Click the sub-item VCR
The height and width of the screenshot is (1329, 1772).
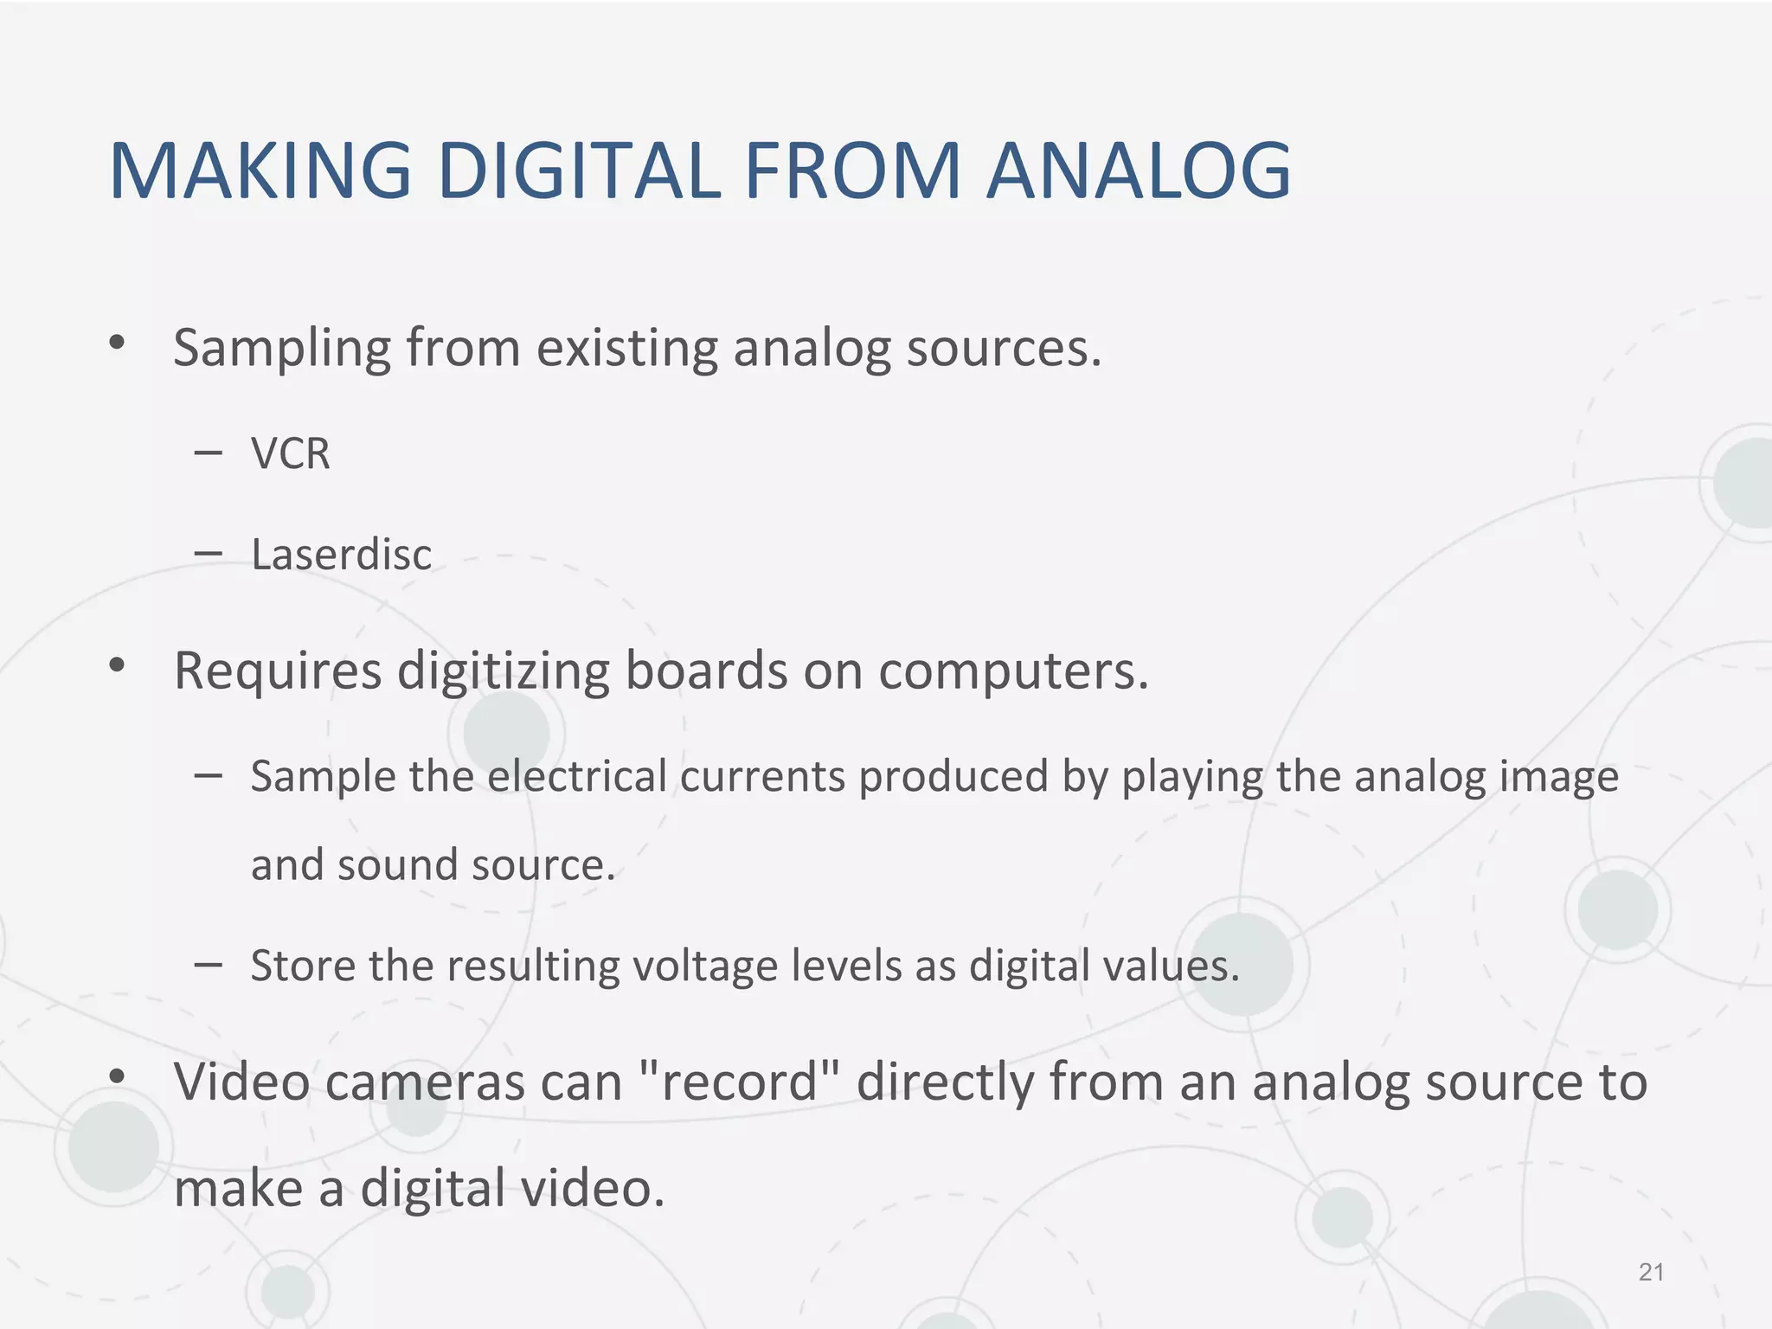pyautogui.click(x=291, y=453)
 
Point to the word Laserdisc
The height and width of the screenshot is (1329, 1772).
pyautogui.click(x=341, y=555)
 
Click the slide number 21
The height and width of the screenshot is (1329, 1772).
pyautogui.click(x=1651, y=1272)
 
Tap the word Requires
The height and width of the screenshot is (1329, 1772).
pyautogui.click(x=278, y=671)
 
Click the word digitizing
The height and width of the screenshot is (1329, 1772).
pyautogui.click(x=503, y=671)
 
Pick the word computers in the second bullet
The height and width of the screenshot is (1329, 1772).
pyautogui.click(x=1012, y=671)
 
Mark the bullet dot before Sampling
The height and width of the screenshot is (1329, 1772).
pyautogui.click(x=117, y=343)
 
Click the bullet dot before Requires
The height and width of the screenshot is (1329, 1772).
pyautogui.click(x=117, y=665)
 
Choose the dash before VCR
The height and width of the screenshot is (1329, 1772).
pyautogui.click(x=209, y=452)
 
